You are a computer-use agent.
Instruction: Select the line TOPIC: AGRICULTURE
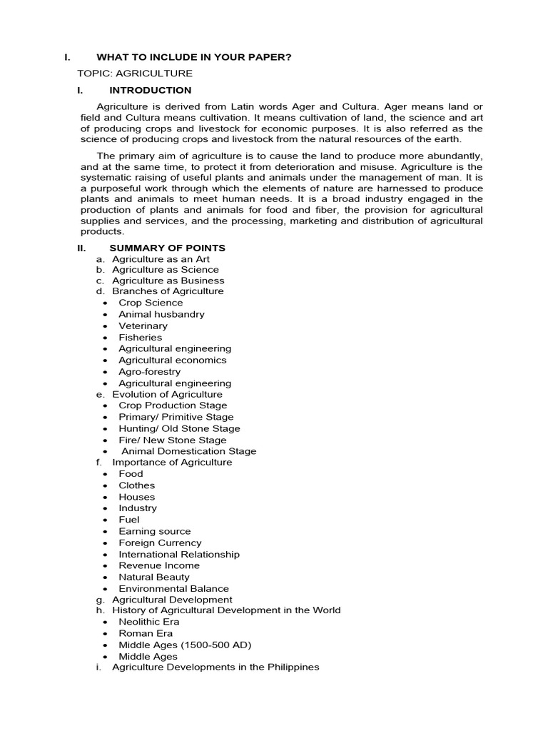coord(135,74)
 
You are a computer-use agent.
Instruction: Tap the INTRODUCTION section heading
coord(150,91)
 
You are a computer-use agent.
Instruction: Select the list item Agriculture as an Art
coord(161,259)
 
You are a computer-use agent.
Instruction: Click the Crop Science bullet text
coord(151,303)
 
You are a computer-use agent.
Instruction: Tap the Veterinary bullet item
coord(143,326)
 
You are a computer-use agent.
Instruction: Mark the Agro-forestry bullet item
coord(150,371)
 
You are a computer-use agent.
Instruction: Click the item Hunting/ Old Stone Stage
coord(179,428)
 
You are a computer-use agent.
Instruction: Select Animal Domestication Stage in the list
coord(188,451)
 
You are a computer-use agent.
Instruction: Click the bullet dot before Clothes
coord(105,486)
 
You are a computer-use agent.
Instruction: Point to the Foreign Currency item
coord(160,543)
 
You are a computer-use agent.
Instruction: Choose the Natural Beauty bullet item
coord(154,577)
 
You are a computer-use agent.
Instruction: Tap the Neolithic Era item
coord(149,622)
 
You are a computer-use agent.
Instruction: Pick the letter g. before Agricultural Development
coord(100,600)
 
